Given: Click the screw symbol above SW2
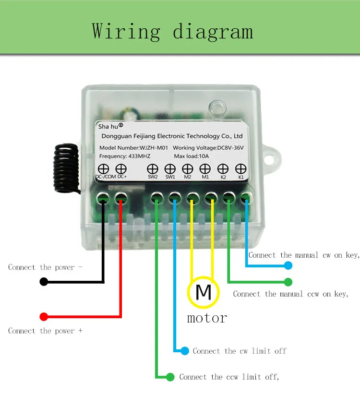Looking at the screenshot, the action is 153,169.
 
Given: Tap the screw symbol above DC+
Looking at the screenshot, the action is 121,169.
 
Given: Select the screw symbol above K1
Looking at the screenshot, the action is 240,169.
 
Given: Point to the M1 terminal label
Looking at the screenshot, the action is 205,177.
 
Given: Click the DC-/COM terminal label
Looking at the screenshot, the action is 106,177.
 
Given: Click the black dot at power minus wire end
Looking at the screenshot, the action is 44,281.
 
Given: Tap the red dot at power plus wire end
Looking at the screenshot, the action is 44,316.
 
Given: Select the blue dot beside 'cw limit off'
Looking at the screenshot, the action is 185,351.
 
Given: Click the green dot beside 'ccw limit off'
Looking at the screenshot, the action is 170,377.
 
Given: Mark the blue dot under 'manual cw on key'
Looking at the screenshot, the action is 288,265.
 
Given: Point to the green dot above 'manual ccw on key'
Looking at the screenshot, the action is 288,282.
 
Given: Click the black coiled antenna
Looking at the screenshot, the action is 66,168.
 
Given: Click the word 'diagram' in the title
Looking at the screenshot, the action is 213,32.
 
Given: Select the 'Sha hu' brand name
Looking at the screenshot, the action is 108,126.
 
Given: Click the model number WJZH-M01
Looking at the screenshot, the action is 154,148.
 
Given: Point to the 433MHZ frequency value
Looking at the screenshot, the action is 139,156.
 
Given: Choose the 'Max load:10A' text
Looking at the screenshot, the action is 191,156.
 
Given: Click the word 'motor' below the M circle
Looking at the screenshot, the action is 207,318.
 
